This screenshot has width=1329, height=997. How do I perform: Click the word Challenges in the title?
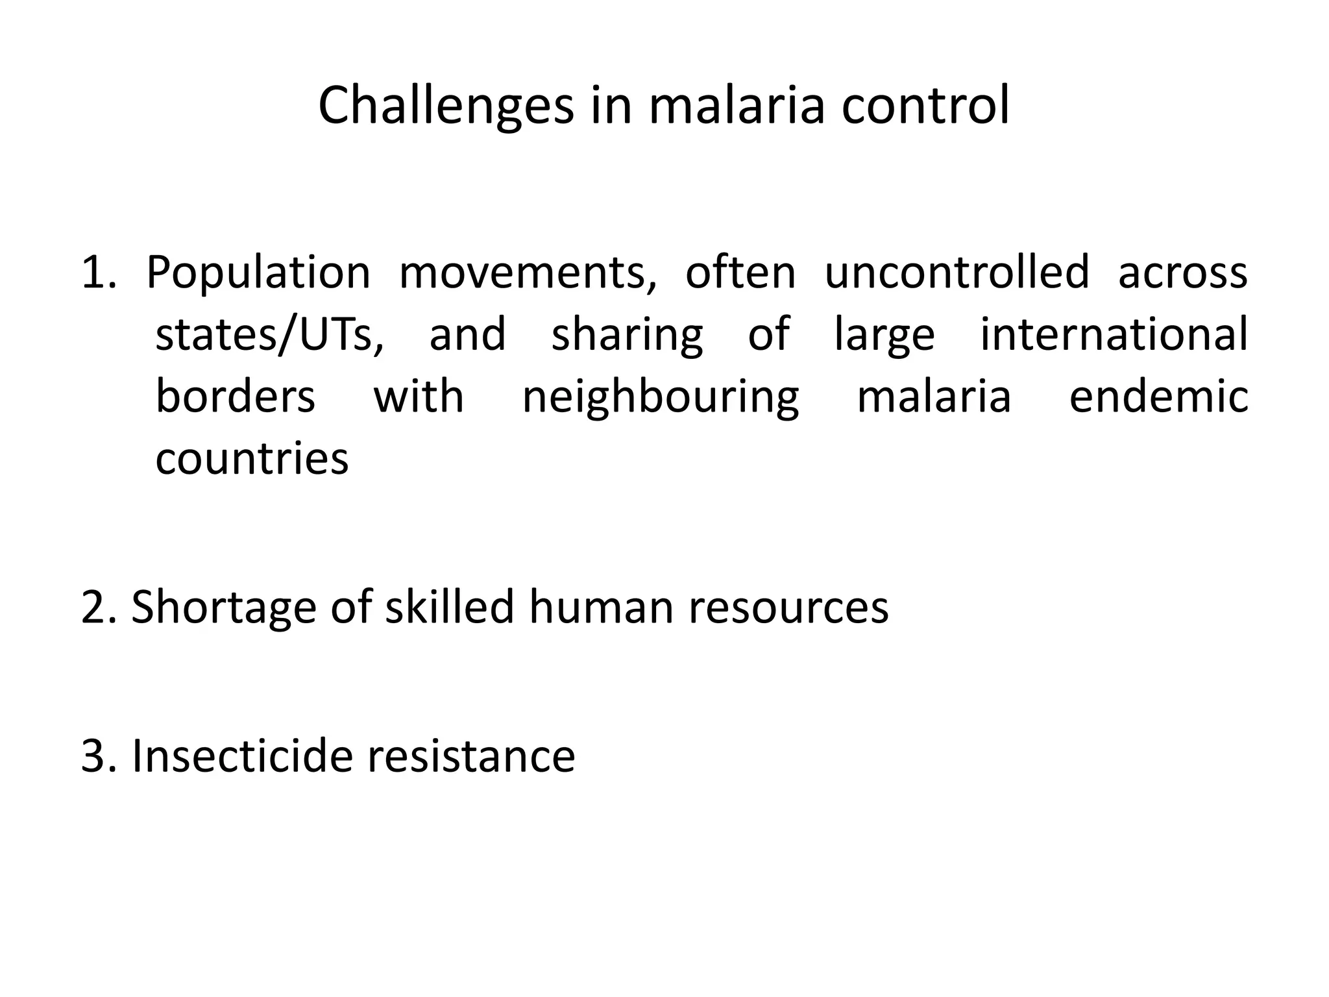coord(446,106)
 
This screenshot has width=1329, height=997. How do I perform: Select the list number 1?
coord(97,273)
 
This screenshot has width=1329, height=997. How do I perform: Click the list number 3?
coord(97,756)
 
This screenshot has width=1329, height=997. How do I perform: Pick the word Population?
coord(258,274)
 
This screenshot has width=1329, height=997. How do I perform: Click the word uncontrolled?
coord(957,273)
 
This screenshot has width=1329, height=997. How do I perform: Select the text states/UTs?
coord(269,335)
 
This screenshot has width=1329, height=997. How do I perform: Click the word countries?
coord(252,458)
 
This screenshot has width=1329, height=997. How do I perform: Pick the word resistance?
coord(472,756)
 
